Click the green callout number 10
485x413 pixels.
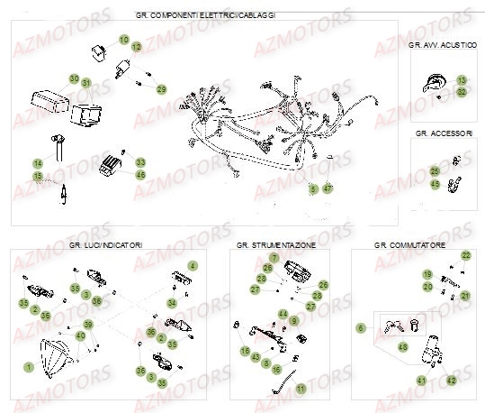(x=125, y=40)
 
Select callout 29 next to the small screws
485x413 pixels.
(x=161, y=89)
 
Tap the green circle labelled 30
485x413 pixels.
(x=76, y=78)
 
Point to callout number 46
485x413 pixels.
(x=140, y=174)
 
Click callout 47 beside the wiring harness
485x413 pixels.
(x=328, y=188)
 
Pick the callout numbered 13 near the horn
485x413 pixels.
(x=462, y=80)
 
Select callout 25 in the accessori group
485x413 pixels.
(x=435, y=170)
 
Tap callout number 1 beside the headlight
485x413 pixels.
(x=28, y=366)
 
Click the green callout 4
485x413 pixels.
(x=191, y=266)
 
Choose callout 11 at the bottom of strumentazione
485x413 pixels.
(x=301, y=388)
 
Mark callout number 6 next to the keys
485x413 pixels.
(x=361, y=328)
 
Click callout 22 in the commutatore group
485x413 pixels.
(x=465, y=256)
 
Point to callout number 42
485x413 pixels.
(x=452, y=381)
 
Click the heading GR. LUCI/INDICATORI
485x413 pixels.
(x=105, y=244)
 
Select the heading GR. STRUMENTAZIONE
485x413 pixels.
(x=274, y=244)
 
